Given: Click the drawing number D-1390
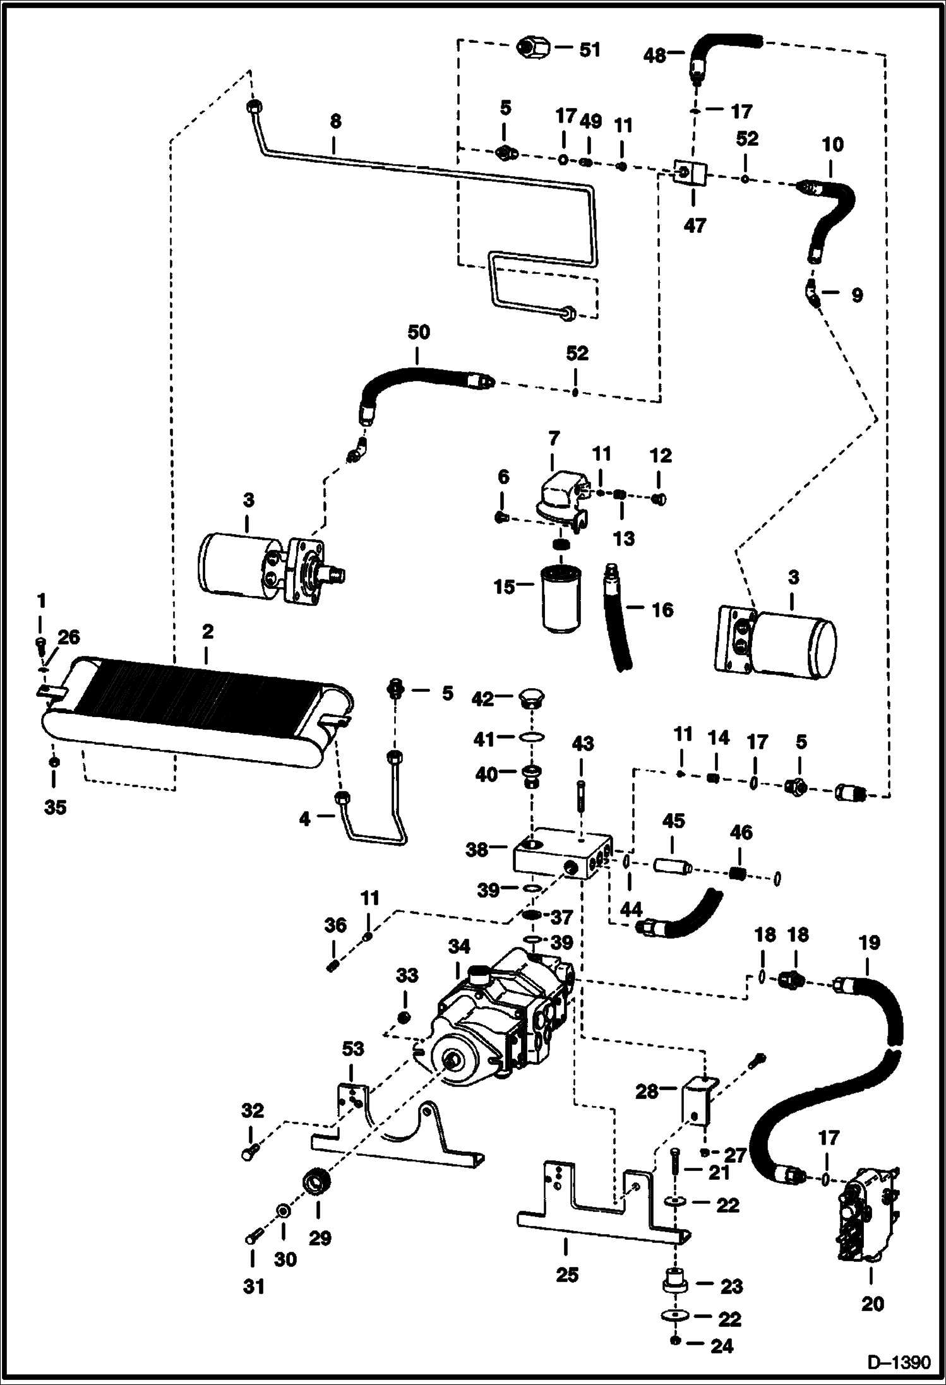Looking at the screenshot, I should tap(899, 1362).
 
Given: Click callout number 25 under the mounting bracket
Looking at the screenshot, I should tap(567, 1275).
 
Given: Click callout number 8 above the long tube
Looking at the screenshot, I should tap(335, 122).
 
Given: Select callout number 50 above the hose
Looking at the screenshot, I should tap(418, 333).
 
